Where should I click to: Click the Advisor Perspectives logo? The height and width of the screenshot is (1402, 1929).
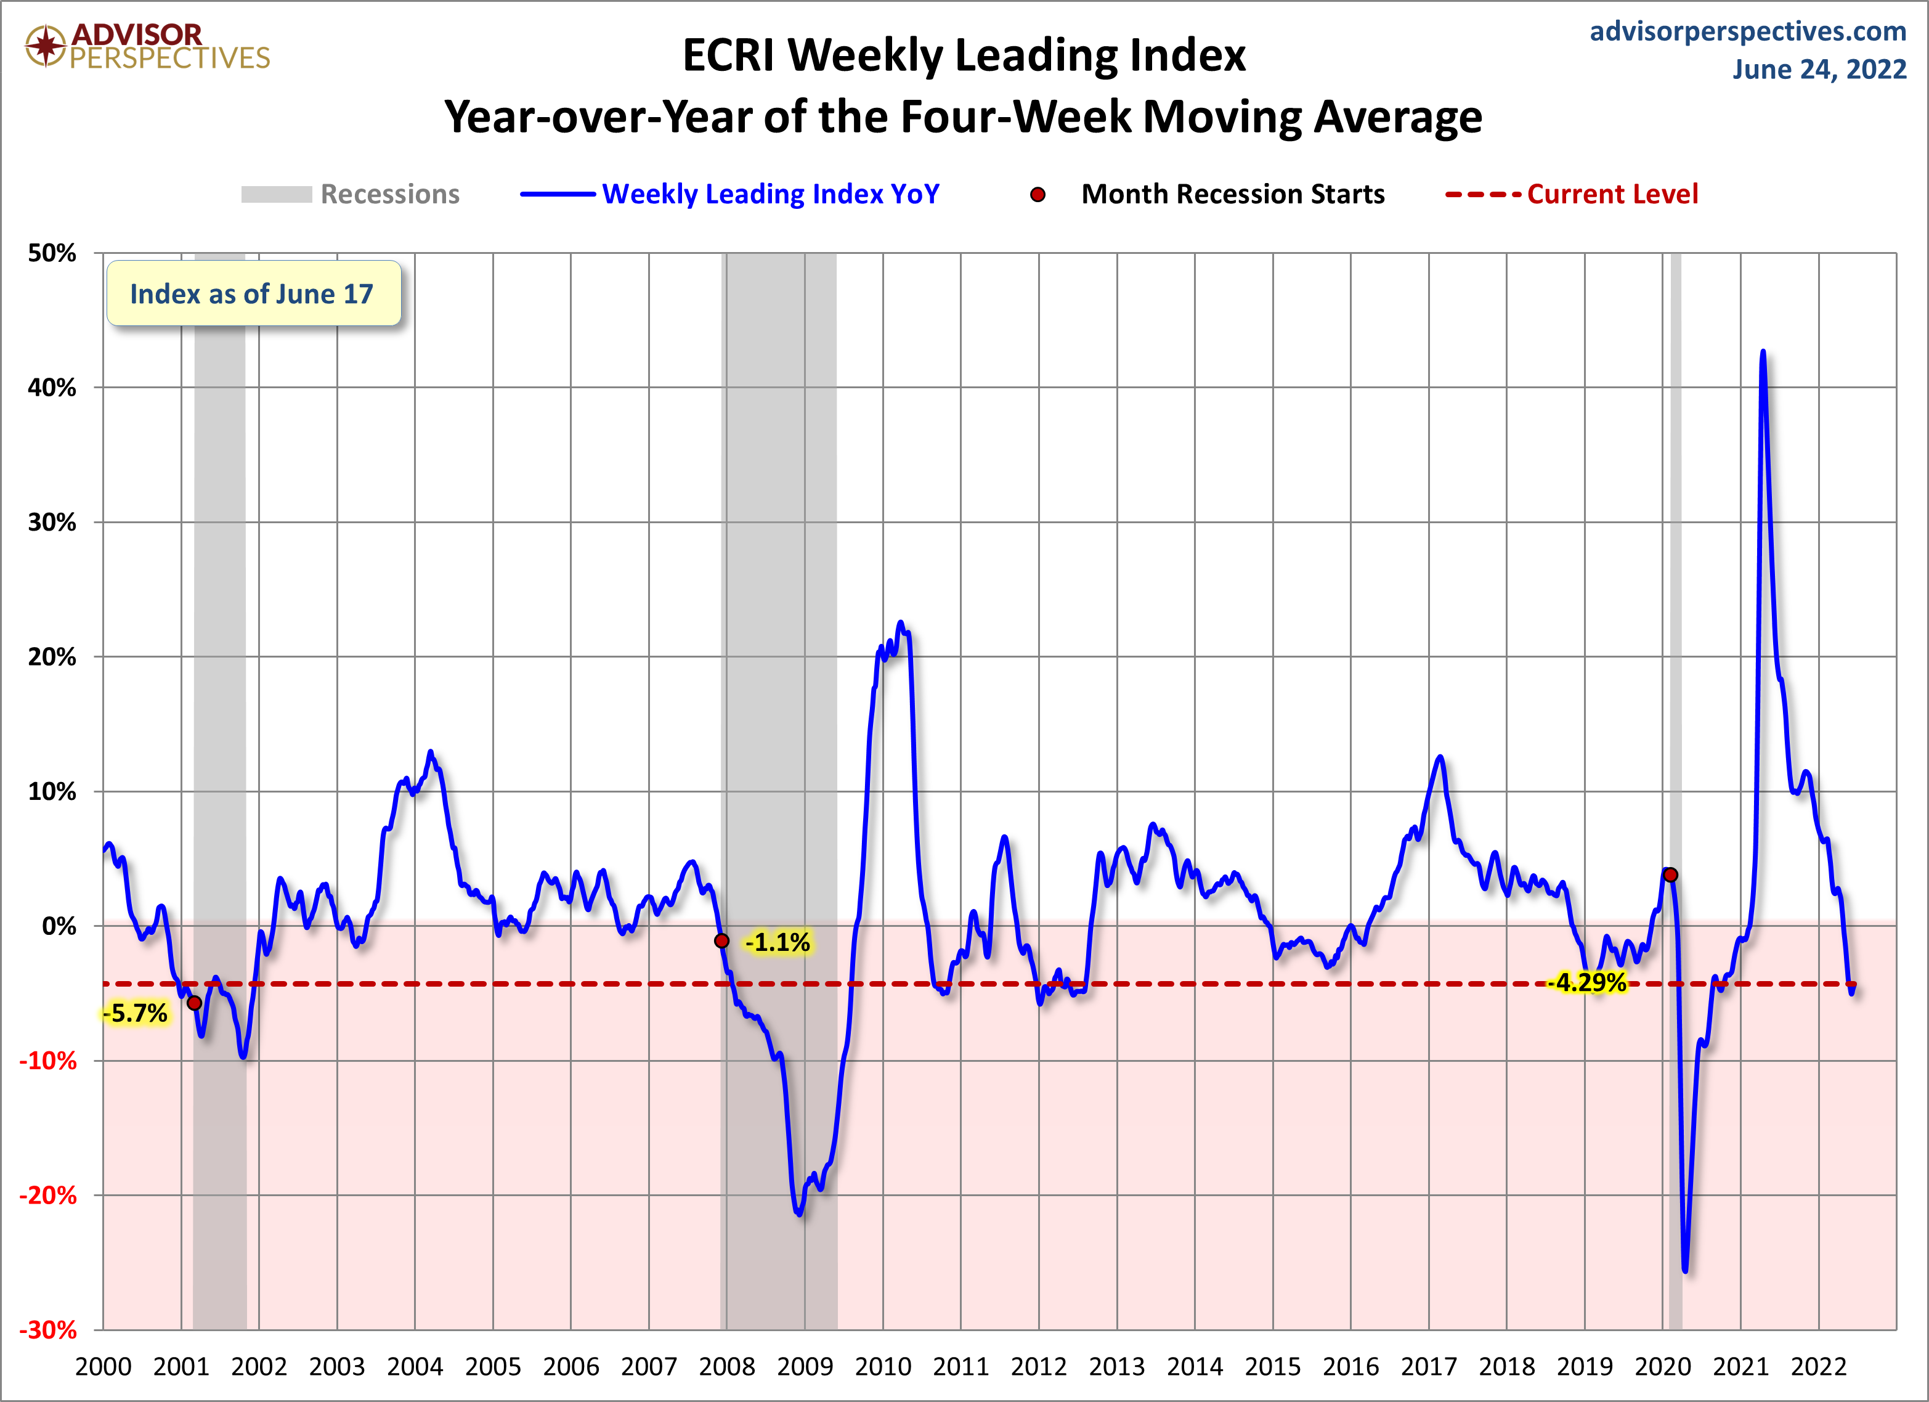147,46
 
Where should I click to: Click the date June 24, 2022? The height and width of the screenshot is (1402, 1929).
1819,69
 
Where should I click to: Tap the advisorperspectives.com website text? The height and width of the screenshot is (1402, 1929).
1747,31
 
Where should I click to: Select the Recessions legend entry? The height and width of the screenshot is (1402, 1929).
351,194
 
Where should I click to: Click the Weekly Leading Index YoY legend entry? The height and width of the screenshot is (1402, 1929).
729,194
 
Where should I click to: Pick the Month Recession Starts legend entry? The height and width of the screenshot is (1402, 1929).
1208,194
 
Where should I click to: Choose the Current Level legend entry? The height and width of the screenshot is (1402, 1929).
1572,194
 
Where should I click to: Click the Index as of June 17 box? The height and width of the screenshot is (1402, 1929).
253,293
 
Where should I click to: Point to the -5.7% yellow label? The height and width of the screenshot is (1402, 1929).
136,1013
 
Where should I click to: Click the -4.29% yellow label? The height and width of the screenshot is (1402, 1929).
1586,982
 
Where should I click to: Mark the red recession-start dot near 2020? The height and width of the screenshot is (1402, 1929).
1670,874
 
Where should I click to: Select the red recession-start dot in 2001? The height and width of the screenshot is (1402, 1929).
194,1003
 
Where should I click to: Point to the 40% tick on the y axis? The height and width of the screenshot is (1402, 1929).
52,388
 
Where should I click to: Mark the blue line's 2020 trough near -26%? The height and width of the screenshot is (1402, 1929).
1685,1270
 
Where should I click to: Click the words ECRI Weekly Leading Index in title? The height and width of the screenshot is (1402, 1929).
964,55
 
